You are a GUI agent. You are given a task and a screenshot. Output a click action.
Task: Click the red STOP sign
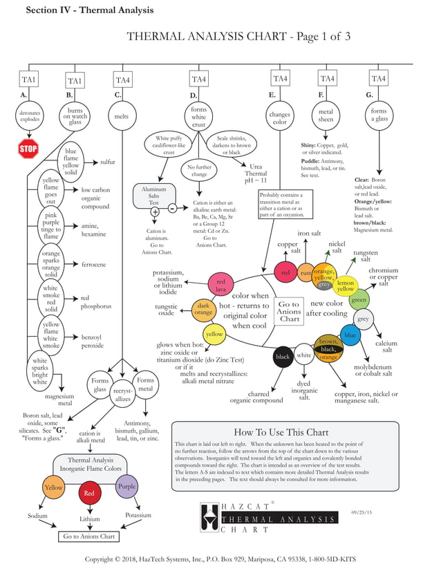[x=28, y=149]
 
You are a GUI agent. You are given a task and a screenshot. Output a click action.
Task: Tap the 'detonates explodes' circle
[x=30, y=115]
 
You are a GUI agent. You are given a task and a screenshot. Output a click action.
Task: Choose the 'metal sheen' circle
[x=327, y=115]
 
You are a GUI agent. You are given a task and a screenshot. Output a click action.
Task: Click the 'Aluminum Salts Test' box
[x=154, y=194]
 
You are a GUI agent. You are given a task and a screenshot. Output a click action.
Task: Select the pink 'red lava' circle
[x=221, y=285]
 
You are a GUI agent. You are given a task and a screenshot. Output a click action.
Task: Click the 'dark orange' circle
[x=203, y=309]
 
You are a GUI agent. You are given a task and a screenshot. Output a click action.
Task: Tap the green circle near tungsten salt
[x=359, y=300]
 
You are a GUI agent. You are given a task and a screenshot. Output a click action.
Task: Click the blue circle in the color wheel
[x=350, y=335]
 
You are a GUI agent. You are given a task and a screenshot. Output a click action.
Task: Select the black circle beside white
[x=283, y=357]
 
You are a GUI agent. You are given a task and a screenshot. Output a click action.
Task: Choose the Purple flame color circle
[x=126, y=487]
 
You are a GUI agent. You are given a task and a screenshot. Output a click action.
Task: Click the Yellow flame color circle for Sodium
[x=54, y=487]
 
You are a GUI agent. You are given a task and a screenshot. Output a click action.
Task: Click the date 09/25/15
[x=362, y=512]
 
